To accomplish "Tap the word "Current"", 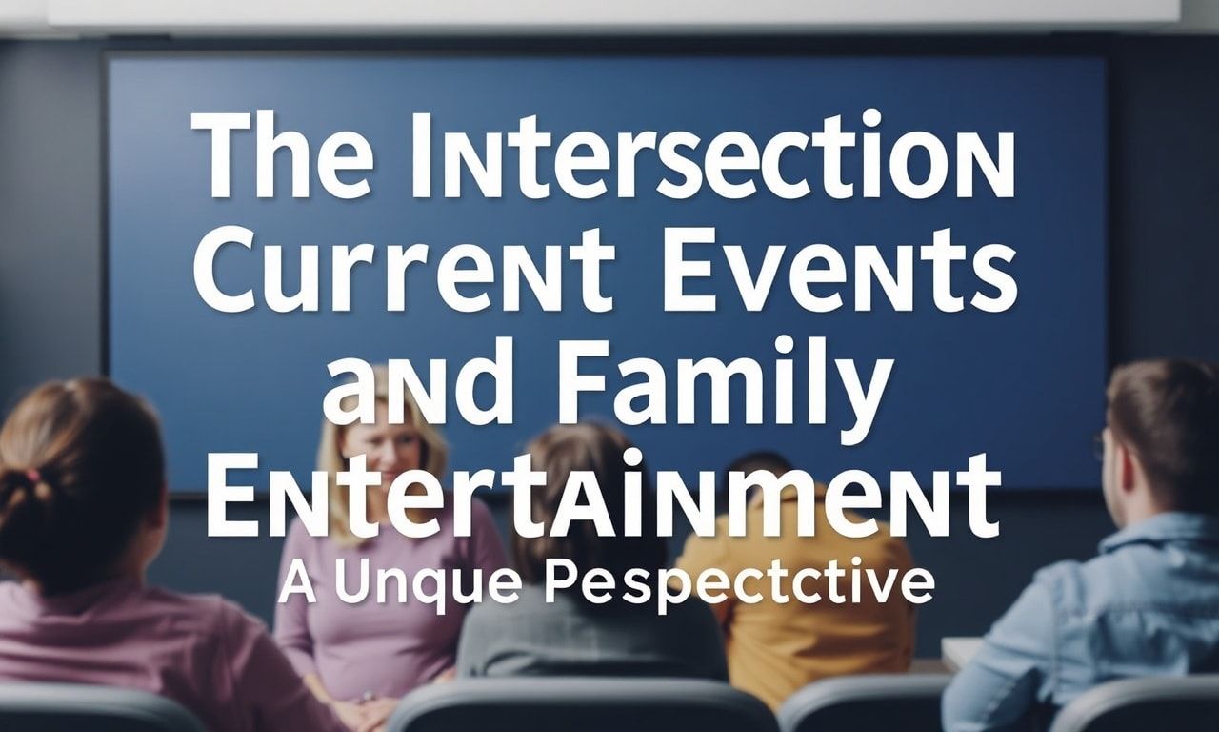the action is coord(406,271).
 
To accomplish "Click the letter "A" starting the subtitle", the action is coord(297,585).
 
